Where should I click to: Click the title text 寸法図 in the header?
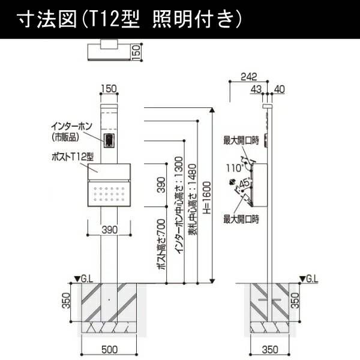pos(47,20)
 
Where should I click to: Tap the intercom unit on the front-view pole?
pos(109,140)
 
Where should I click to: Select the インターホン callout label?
pos(71,127)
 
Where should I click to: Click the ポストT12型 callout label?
pos(73,157)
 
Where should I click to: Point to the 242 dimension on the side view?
pos(248,77)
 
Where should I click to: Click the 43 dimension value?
pos(256,89)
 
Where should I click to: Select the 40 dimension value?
pos(280,89)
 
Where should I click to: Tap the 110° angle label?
pos(235,168)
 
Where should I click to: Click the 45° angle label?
pos(245,183)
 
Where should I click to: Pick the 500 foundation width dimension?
pos(110,350)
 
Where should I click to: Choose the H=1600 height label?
pos(207,197)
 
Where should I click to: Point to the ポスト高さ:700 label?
pos(161,244)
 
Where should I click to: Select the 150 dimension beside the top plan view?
pos(136,53)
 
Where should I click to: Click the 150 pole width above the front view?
pos(109,89)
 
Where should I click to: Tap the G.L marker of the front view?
pos(83,279)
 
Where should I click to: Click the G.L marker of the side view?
pos(309,279)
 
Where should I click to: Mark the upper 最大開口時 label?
pos(241,140)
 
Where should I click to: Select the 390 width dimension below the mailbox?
pos(110,230)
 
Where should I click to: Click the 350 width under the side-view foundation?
pos(270,350)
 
